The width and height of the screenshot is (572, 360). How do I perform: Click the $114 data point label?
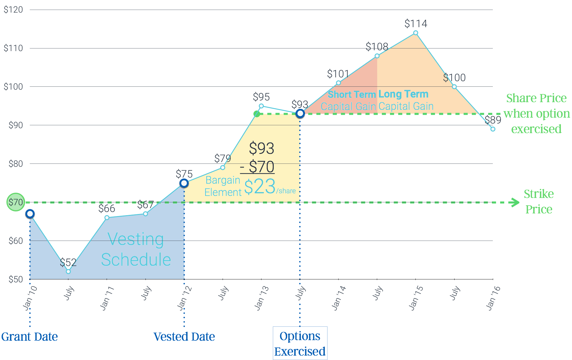[416, 23]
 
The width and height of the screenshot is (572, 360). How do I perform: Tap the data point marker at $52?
[68, 272]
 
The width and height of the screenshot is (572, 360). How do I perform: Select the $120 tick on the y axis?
[13, 10]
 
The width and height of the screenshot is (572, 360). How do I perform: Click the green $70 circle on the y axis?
[15, 202]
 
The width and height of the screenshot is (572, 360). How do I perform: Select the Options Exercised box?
[300, 343]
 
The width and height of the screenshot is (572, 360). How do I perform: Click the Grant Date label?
[30, 337]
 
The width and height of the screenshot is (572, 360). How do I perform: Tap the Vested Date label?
[184, 337]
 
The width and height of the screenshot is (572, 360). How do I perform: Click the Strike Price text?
[539, 201]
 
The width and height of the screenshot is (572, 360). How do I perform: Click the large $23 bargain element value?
[260, 187]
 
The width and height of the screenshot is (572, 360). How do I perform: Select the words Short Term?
[351, 94]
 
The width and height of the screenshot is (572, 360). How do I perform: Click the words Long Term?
[403, 94]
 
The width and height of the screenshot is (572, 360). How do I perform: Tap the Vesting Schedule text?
[136, 249]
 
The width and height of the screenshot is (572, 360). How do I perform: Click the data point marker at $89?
[493, 129]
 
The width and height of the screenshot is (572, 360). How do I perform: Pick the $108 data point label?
[377, 46]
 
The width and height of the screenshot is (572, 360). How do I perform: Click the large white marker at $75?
[184, 183]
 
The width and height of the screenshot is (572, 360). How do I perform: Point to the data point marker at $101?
[338, 83]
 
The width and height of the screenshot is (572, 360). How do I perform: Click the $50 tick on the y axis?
[15, 279]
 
